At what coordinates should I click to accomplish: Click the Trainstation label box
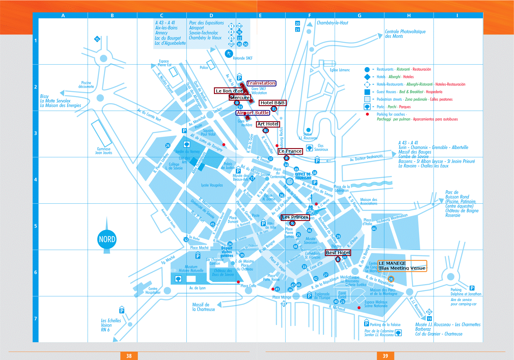(261, 83)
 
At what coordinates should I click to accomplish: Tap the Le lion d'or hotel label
(229, 91)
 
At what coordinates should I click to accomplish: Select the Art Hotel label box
(268, 124)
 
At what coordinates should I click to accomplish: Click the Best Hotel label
(338, 253)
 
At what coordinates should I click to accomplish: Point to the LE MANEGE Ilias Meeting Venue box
(402, 266)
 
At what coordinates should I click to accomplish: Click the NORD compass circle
(107, 239)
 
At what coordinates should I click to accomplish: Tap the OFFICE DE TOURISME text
(303, 176)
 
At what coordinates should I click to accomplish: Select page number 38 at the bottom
(129, 356)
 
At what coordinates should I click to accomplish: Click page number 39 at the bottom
(385, 356)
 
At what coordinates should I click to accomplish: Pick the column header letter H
(409, 15)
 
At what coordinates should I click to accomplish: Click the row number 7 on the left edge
(35, 319)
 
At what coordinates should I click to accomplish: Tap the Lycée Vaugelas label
(212, 185)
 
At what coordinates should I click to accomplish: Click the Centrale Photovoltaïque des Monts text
(405, 34)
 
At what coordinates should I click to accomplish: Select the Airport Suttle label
(253, 113)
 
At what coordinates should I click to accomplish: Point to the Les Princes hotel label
(295, 217)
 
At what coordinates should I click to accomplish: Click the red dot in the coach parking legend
(367, 114)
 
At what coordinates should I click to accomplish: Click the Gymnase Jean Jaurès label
(104, 151)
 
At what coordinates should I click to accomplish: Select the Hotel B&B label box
(272, 103)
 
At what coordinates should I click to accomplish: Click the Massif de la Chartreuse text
(203, 307)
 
